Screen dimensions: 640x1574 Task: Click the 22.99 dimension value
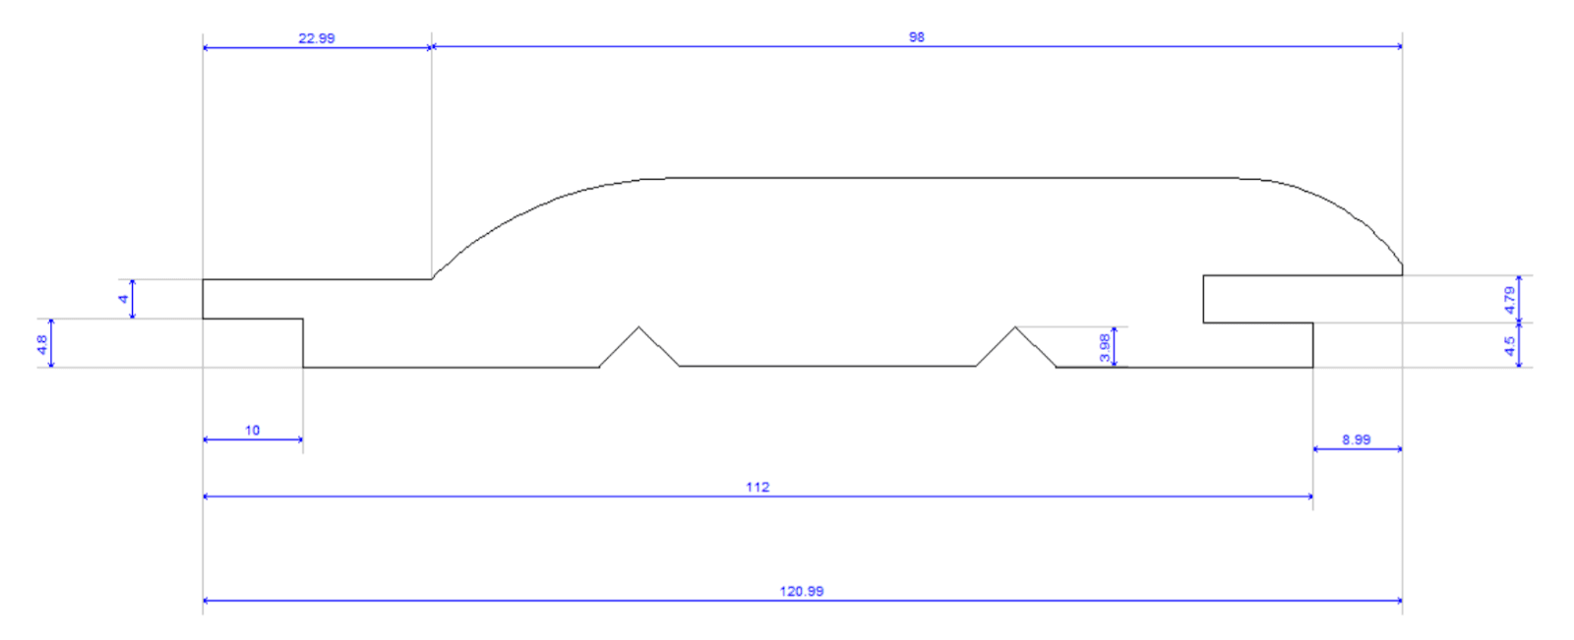pyautogui.click(x=316, y=38)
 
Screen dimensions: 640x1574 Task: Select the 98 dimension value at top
pyautogui.click(x=916, y=37)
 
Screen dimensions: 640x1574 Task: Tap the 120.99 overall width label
pyautogui.click(x=801, y=591)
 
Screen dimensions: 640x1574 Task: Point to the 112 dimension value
pyautogui.click(x=757, y=487)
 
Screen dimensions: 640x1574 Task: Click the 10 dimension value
pyautogui.click(x=252, y=430)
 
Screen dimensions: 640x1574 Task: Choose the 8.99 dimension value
pyautogui.click(x=1356, y=439)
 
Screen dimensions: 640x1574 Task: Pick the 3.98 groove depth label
pyautogui.click(x=1104, y=347)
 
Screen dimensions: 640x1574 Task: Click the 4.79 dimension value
pyautogui.click(x=1509, y=300)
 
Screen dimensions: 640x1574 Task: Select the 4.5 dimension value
pyautogui.click(x=1509, y=346)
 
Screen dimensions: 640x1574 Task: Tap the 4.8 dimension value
pyautogui.click(x=42, y=344)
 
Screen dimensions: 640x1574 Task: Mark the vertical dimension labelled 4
pyautogui.click(x=123, y=299)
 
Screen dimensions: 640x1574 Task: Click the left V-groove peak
pyautogui.click(x=639, y=327)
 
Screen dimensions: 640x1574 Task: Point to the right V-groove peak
pyautogui.click(x=1015, y=327)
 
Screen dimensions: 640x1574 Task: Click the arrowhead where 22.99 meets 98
pyautogui.click(x=432, y=46)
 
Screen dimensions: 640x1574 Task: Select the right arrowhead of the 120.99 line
pyautogui.click(x=1399, y=600)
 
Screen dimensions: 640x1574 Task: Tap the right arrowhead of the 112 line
pyautogui.click(x=1310, y=496)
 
